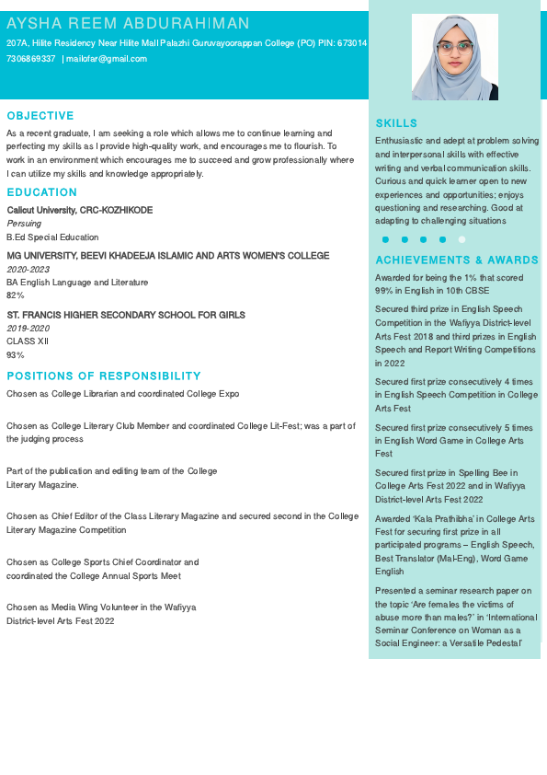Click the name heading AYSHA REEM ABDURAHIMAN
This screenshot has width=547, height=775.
pos(128,23)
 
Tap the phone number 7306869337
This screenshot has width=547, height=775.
pos(30,59)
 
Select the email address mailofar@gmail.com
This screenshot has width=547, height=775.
pos(106,59)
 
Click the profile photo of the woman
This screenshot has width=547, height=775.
pos(455,57)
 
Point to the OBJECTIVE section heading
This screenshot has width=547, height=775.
pos(40,116)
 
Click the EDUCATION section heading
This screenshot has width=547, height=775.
pos(41,192)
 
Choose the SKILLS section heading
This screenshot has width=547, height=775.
pos(396,123)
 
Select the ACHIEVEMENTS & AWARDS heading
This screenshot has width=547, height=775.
pos(457,260)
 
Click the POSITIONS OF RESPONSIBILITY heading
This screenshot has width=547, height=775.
pos(103,376)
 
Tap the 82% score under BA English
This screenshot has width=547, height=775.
pos(16,295)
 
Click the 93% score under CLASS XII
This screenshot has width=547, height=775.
pos(16,354)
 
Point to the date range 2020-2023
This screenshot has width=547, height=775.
pos(28,269)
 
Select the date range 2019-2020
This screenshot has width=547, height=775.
pos(28,328)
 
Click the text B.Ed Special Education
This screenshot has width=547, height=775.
pos(52,237)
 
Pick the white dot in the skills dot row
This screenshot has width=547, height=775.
pos(462,239)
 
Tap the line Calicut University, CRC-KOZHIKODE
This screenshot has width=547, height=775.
pos(80,210)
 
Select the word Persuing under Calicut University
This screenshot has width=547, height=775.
pos(24,224)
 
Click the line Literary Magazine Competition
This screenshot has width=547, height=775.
pos(66,530)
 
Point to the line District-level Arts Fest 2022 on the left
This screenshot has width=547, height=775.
pos(61,621)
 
